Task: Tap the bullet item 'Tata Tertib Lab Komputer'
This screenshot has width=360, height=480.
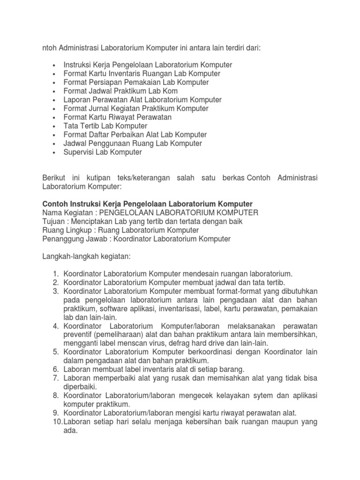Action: (105, 126)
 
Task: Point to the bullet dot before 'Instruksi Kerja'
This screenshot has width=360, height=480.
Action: (55, 65)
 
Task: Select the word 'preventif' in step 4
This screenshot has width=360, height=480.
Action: (79, 335)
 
